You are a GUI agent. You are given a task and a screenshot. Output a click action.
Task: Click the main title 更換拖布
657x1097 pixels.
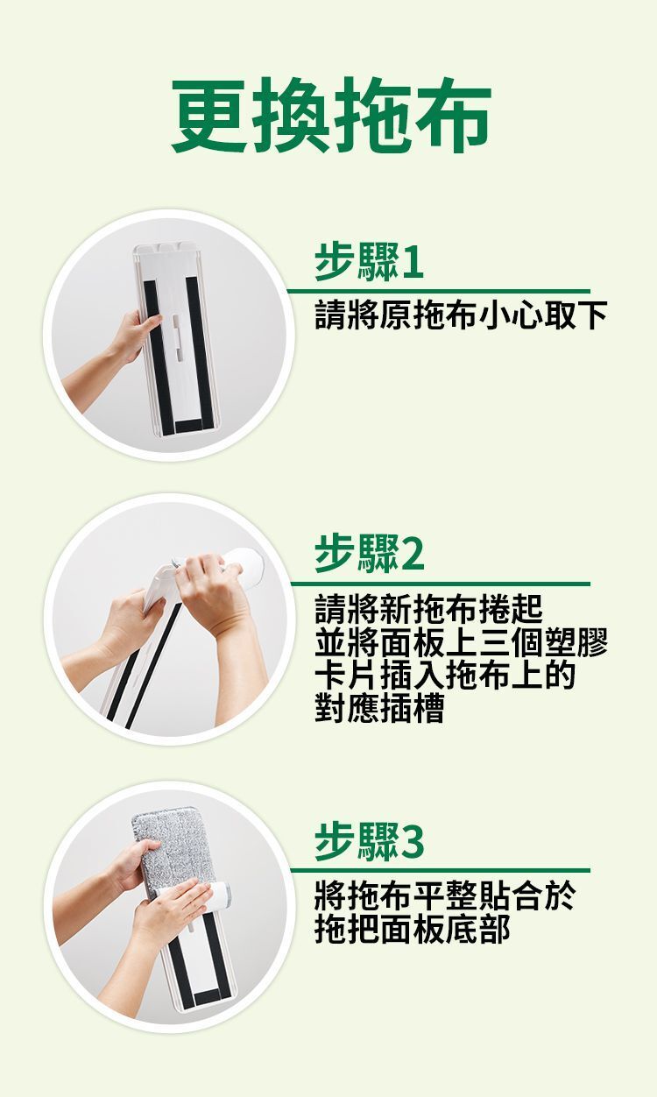tap(331, 114)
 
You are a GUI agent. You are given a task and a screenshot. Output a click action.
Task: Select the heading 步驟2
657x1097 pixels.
tap(369, 554)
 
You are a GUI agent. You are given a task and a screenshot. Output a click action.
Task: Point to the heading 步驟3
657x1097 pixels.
tap(369, 841)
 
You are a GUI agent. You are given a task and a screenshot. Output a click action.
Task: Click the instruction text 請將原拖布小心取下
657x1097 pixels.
tap(461, 315)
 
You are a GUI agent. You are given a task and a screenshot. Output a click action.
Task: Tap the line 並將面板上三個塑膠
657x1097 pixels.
tap(461, 641)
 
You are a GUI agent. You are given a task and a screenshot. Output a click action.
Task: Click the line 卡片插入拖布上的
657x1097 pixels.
tap(444, 675)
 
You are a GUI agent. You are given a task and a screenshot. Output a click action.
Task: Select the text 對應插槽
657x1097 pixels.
tap(379, 708)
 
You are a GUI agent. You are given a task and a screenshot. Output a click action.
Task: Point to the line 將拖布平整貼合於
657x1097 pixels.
tap(444, 896)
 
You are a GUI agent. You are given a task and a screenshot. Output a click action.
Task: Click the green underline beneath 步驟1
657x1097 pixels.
tap(439, 292)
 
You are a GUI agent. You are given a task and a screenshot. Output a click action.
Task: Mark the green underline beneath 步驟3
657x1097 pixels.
tap(441, 870)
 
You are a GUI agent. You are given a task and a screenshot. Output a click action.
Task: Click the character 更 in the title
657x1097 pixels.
tap(210, 115)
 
